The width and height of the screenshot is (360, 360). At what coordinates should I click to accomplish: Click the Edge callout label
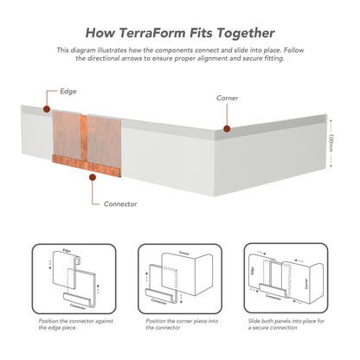click(x=68, y=92)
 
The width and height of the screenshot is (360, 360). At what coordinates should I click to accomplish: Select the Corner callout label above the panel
click(x=228, y=98)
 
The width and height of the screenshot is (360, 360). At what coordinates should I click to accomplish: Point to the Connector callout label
click(x=120, y=204)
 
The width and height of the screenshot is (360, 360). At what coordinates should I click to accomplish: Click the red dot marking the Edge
click(x=47, y=109)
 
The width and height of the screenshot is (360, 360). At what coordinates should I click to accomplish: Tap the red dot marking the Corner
click(x=227, y=129)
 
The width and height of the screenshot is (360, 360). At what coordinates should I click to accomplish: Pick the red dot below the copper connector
click(x=93, y=177)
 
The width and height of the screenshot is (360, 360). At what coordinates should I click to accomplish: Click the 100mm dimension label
click(x=331, y=143)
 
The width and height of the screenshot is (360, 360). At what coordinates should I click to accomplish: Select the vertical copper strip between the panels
click(x=84, y=138)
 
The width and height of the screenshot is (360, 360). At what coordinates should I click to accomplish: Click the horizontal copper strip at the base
click(x=87, y=165)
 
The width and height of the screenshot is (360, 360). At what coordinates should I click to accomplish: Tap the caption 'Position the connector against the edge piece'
click(x=76, y=325)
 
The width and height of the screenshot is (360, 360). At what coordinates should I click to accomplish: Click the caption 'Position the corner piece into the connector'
click(x=182, y=325)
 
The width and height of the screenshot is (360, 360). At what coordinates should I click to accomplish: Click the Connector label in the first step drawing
click(x=78, y=306)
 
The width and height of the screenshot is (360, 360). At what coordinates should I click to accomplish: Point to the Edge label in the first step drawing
click(x=67, y=250)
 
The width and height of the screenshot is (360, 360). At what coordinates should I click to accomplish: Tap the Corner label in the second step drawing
click(x=184, y=253)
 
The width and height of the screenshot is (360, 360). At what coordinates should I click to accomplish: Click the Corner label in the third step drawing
click(x=306, y=284)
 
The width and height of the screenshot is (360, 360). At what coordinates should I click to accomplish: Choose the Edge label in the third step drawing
click(x=253, y=271)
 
